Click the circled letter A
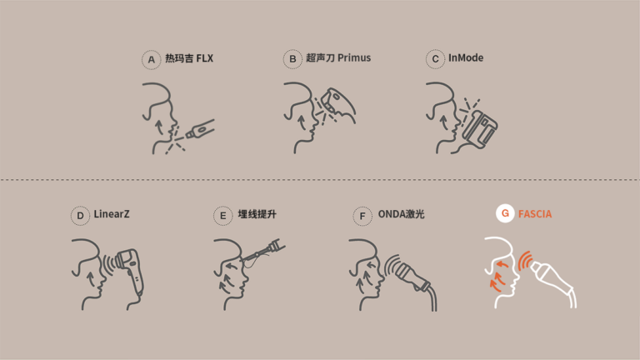coord(151,60)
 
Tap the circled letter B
coord(292,59)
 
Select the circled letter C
coord(435,59)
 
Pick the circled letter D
coord(80,216)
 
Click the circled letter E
coord(222,216)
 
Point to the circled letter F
coord(362,216)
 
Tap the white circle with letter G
coord(505,213)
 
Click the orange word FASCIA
coord(535,214)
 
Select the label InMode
coord(466,58)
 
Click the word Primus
coord(354,58)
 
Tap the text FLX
coord(204,58)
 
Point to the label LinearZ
coord(112,214)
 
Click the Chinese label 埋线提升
coord(257,214)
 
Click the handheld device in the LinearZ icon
coord(130,272)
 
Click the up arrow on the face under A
coord(159,127)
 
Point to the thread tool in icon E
coord(263,252)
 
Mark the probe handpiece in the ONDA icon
coord(412,277)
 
